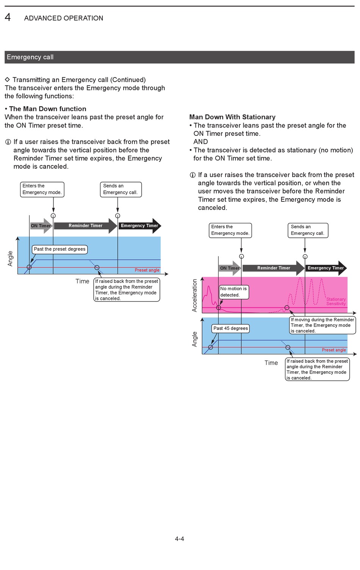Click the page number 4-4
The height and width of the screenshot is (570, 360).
(x=179, y=539)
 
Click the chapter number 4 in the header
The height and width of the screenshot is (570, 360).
(x=8, y=17)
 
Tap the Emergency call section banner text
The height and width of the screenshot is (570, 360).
(x=30, y=57)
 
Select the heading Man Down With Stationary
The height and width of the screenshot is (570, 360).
(x=232, y=117)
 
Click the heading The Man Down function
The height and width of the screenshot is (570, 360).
(x=47, y=109)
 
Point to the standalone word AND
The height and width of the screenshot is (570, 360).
(x=200, y=142)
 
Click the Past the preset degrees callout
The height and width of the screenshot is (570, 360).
(x=59, y=249)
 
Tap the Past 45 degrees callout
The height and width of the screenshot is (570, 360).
(x=230, y=328)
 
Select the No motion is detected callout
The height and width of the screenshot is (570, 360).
(x=233, y=292)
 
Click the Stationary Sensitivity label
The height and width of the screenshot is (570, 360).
(x=336, y=301)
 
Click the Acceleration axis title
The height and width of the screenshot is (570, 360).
(x=195, y=295)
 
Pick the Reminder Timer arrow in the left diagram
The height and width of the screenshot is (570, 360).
(x=85, y=226)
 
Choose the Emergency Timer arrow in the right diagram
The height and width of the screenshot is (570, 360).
(x=326, y=268)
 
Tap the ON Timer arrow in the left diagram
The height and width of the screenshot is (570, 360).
(x=41, y=226)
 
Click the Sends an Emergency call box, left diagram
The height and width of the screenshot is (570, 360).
(x=120, y=189)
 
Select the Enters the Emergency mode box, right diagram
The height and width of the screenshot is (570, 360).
(x=230, y=230)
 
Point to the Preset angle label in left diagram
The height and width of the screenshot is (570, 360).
(x=147, y=270)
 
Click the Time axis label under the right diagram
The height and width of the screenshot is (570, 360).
(x=271, y=363)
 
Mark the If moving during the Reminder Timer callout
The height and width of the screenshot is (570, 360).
(x=322, y=325)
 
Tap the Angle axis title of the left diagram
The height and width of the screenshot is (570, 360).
(x=10, y=258)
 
